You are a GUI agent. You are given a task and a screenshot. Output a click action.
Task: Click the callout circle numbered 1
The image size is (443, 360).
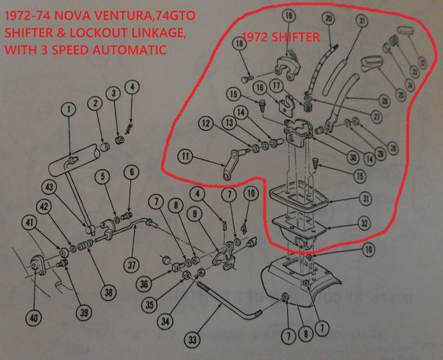pos(69,111)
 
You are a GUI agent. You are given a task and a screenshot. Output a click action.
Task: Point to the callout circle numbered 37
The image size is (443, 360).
pos(133,266)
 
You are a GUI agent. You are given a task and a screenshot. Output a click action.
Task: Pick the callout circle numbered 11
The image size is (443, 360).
pos(184,156)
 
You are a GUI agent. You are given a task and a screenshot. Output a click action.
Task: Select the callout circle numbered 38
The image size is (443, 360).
pos(109,291)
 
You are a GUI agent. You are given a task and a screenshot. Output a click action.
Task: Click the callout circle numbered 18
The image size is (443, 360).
pos(238,44)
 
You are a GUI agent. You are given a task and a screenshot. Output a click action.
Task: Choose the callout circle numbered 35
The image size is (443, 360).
pos(150,303)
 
